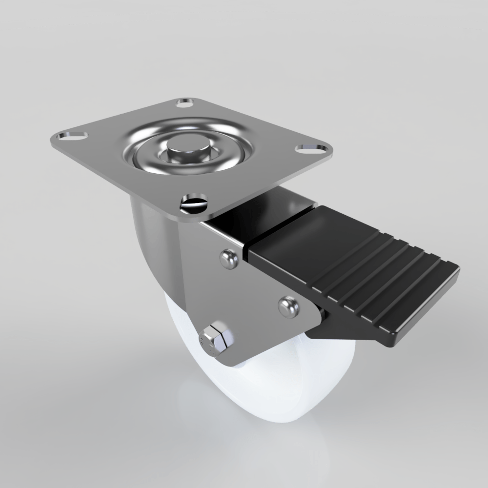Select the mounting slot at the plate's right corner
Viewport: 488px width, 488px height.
coord(312,147)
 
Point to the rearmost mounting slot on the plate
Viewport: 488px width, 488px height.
coord(185,103)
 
